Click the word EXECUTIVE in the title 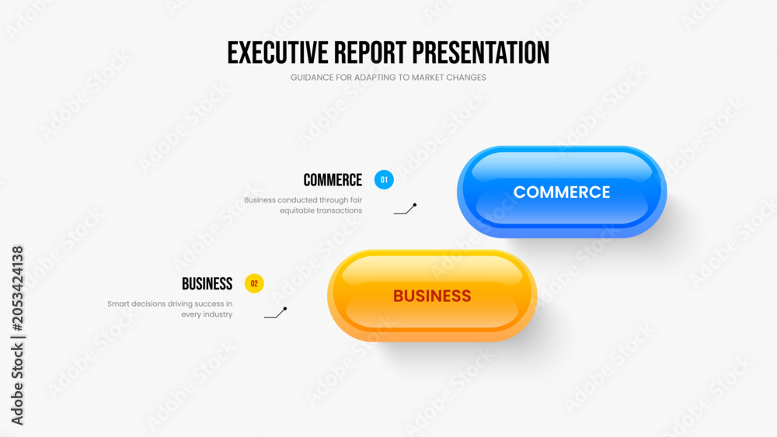point(277,53)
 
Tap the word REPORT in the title point(370,53)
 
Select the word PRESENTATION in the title point(481,53)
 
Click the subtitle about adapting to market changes point(388,77)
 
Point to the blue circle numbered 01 point(384,179)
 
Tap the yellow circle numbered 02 point(254,283)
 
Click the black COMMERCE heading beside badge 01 point(333,180)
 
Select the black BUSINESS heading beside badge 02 point(207,283)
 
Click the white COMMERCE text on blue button point(562,192)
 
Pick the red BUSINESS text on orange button point(431,296)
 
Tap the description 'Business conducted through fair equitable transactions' point(303,205)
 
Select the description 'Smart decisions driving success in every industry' point(170,309)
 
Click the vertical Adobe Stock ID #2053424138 point(17,335)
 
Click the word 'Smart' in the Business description point(118,303)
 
